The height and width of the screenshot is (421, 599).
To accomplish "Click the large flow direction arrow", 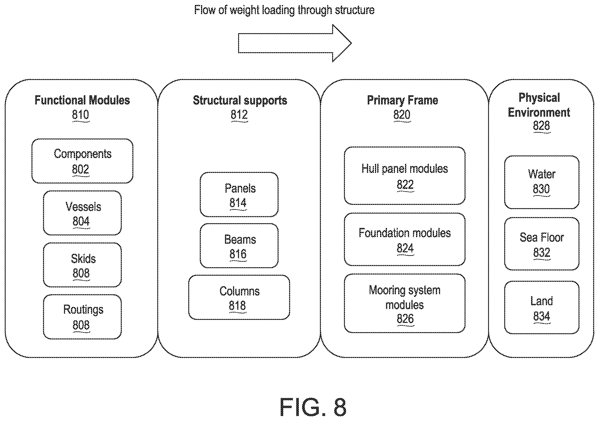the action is point(295,43).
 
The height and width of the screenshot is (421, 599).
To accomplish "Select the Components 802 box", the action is point(83,161).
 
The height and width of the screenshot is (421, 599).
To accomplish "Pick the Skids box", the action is point(83,265).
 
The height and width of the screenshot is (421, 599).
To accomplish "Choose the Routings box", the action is point(83,317).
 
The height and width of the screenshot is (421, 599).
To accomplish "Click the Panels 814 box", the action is point(239,195).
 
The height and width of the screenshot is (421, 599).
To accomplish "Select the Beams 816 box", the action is point(239,246).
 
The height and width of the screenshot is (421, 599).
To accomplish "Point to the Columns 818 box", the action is point(239,297).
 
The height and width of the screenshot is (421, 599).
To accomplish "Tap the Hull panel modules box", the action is point(405,176).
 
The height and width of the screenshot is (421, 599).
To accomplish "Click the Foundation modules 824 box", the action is point(405,239).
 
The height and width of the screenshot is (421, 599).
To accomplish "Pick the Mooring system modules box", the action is point(405,303).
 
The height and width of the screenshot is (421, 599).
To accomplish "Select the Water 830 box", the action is point(542,183).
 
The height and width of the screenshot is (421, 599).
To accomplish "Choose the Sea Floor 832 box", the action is point(542,244).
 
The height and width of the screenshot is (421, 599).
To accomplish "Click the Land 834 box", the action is point(542,307).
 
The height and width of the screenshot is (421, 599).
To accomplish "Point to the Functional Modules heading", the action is point(82,100).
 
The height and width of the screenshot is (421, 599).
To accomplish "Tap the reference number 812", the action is point(239,115).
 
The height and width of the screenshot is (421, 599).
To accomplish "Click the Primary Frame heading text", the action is point(402,100).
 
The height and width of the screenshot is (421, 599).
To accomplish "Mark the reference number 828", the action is point(541,126).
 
